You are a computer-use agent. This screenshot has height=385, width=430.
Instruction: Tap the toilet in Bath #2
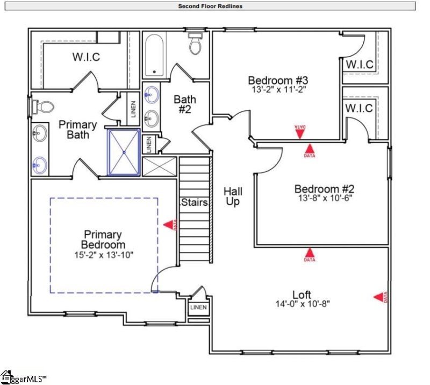coord(195,45)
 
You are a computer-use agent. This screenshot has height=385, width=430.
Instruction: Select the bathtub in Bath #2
coord(155,55)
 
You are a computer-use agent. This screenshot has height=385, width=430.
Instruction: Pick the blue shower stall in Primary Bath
coord(124,152)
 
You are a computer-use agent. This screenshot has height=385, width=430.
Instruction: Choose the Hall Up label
coord(233,197)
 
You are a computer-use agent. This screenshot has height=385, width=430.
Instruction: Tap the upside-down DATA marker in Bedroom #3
coord(299,130)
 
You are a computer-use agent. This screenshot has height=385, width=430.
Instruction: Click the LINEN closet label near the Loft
coord(198,307)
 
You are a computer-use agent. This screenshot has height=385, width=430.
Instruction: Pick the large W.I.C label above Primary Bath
coord(86,57)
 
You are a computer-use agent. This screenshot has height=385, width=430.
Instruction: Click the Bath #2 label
coord(185,104)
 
